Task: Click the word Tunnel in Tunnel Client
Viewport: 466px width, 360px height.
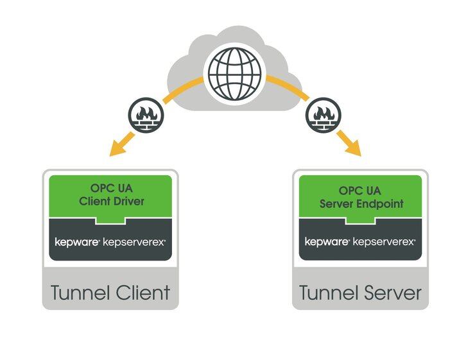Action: point(76,293)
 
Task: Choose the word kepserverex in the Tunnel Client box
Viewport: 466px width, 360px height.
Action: point(135,242)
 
